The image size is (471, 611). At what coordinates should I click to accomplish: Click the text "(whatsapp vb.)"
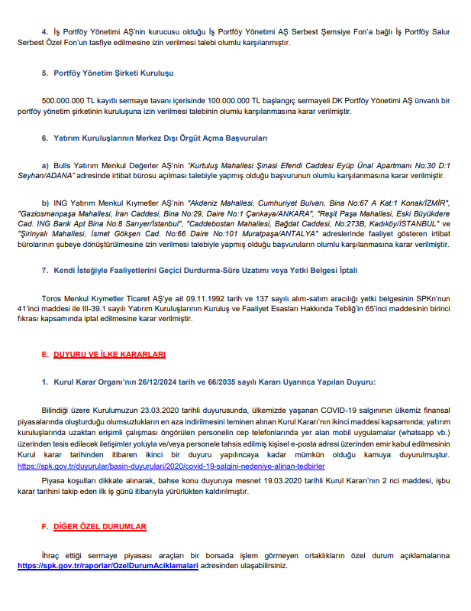point(424,432)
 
